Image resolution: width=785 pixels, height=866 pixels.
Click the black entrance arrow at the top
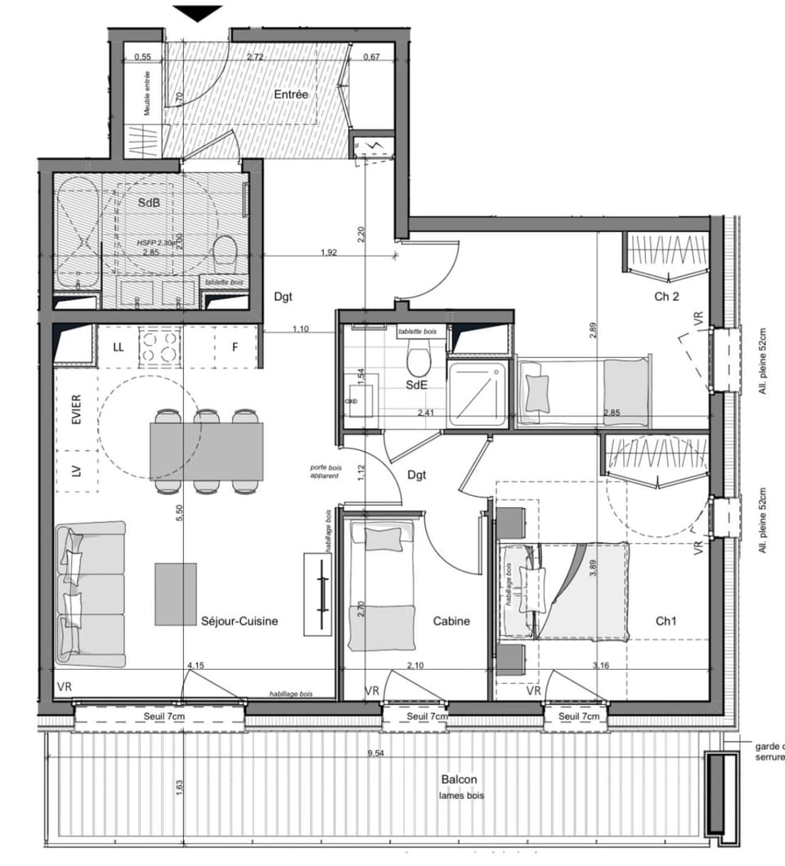(x=197, y=12)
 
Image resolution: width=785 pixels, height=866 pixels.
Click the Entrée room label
(x=291, y=95)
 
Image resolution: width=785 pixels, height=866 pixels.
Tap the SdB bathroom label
(x=149, y=203)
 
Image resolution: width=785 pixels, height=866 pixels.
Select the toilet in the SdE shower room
(x=419, y=360)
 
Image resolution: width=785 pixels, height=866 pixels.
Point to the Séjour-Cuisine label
(x=240, y=621)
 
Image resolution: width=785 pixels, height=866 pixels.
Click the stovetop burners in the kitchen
(x=160, y=347)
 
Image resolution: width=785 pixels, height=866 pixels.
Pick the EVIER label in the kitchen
(x=76, y=409)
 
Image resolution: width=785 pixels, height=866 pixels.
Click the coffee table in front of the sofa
(x=176, y=595)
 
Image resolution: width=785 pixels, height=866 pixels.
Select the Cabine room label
(x=451, y=621)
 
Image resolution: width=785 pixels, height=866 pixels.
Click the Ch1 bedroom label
(x=666, y=621)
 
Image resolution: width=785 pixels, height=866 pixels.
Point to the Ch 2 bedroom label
(x=666, y=297)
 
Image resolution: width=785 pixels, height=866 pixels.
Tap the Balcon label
(x=458, y=779)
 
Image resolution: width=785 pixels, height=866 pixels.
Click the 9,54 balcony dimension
(x=375, y=753)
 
